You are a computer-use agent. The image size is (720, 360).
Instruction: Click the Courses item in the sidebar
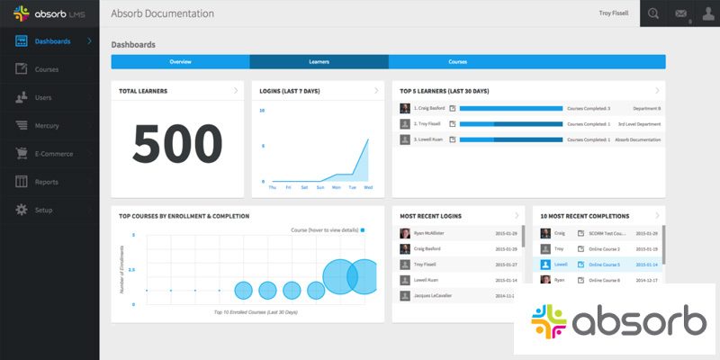[47, 69]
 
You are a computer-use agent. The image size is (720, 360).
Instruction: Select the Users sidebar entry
[43, 97]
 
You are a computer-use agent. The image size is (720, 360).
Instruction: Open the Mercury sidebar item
[47, 125]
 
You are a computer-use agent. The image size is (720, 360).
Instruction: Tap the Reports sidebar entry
[47, 182]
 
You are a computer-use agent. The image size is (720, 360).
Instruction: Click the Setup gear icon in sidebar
[20, 210]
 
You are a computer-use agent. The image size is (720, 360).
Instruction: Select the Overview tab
[180, 62]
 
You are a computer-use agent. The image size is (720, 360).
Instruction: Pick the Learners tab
[319, 62]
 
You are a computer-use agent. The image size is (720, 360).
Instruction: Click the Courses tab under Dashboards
[457, 62]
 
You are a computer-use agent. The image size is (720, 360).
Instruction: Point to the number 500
[178, 144]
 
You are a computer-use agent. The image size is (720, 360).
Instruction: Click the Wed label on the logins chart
[367, 188]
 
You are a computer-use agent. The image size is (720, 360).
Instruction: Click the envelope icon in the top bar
[679, 13]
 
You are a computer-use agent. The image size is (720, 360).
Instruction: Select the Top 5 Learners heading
[444, 91]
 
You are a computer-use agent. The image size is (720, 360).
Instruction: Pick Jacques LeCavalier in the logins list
[434, 296]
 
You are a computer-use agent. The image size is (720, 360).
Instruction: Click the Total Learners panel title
[144, 91]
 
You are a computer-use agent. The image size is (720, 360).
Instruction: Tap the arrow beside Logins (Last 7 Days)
[376, 91]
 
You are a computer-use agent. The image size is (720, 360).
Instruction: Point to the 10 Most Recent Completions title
[584, 216]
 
